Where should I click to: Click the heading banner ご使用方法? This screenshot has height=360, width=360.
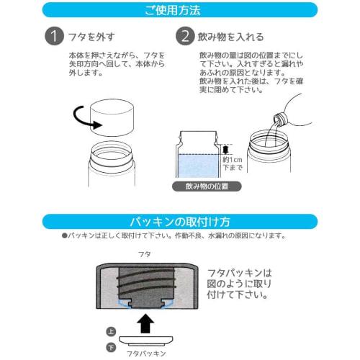point(179,10)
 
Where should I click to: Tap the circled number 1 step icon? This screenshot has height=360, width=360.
point(52,36)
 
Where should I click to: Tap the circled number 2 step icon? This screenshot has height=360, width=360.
point(186,36)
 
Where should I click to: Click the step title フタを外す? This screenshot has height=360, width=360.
point(92,36)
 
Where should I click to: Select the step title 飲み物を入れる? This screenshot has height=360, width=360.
point(232,36)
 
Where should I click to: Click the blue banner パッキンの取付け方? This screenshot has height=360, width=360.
point(179,220)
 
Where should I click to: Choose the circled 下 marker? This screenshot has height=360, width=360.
point(110,346)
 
